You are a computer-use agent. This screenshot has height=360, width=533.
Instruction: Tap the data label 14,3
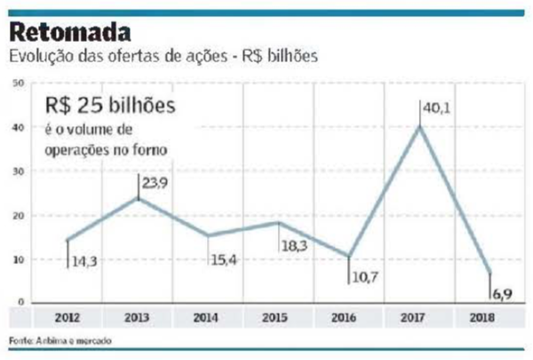(x=85, y=264)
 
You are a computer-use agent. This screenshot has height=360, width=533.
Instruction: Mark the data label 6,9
(x=504, y=292)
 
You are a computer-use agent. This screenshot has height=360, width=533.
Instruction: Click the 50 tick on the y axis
(x=18, y=84)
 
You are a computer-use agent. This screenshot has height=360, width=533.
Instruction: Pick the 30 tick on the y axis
(x=18, y=172)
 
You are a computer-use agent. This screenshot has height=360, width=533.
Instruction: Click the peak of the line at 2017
(x=418, y=126)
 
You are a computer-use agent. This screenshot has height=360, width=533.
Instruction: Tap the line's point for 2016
(x=348, y=256)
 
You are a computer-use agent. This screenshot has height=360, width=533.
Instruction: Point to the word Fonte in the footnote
(x=19, y=340)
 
